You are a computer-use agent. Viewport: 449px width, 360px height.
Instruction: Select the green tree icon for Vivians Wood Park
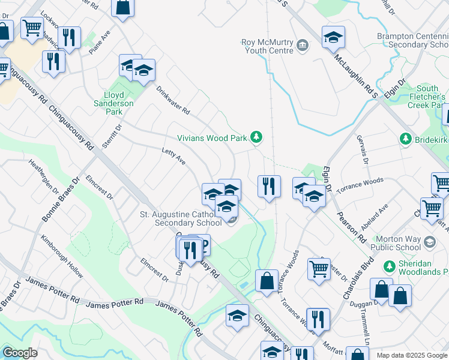coord(256,138)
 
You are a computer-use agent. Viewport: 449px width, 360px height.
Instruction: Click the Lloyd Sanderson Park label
coord(114,99)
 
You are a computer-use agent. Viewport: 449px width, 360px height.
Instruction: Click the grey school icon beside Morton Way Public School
coord(429,242)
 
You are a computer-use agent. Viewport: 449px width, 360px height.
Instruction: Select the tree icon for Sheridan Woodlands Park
coord(388,266)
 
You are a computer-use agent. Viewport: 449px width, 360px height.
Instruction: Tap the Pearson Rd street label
coord(351,226)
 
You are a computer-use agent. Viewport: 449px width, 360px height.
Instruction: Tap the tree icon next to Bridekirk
coord(405,139)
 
